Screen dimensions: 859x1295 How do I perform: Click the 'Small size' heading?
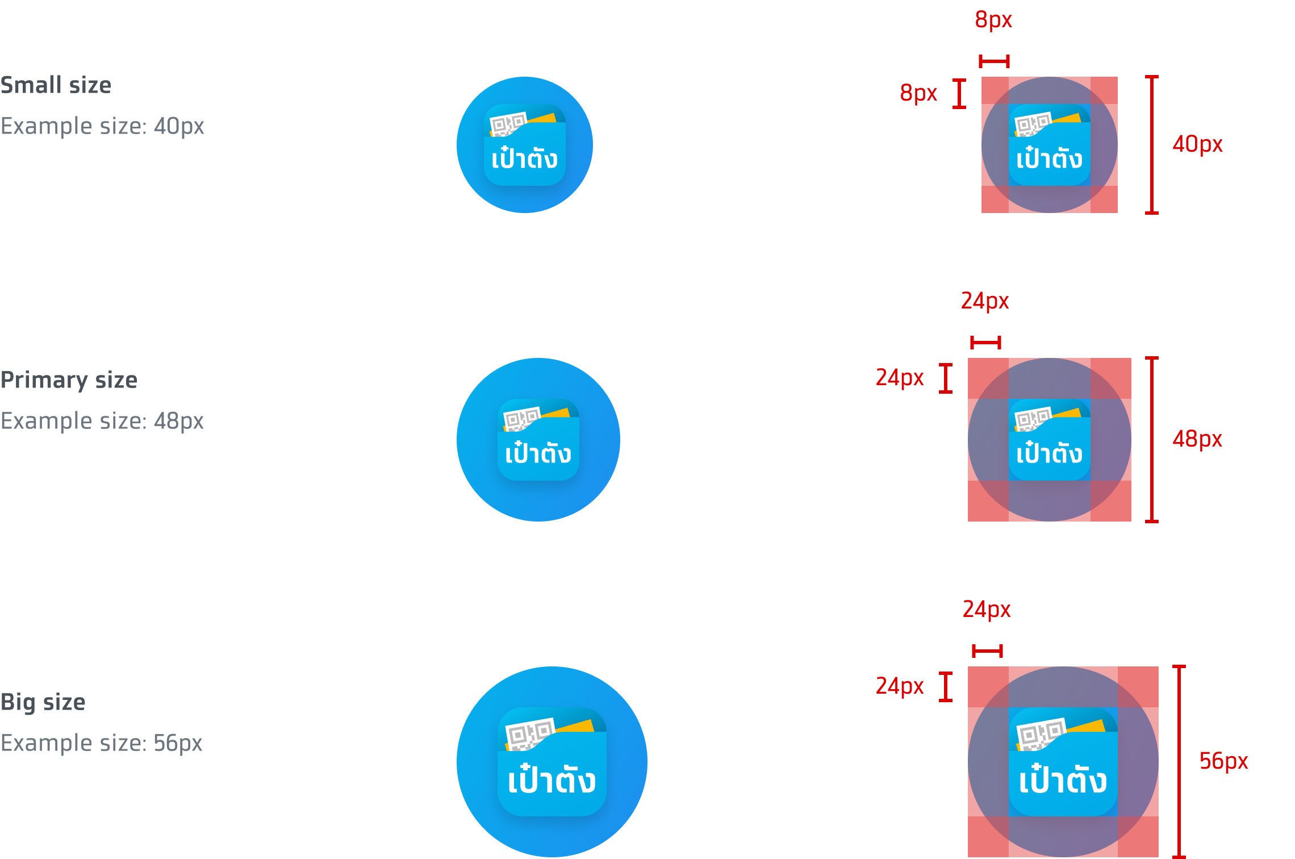click(x=56, y=85)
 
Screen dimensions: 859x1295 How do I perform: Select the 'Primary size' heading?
click(x=69, y=380)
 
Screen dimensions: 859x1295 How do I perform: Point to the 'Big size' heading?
click(x=43, y=702)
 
